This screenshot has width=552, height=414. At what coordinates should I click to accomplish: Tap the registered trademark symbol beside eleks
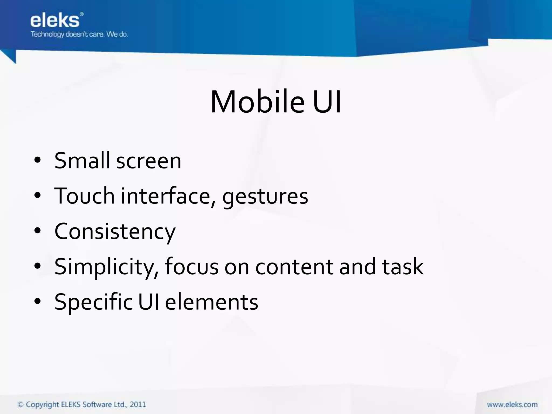tap(82, 14)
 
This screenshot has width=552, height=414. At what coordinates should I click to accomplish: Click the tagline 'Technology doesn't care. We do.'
tap(79, 34)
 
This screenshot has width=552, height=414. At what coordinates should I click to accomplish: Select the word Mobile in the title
tap(257, 102)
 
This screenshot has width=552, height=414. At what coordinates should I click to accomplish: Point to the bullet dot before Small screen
tap(37, 160)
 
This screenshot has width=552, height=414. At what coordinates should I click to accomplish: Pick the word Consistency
tap(115, 232)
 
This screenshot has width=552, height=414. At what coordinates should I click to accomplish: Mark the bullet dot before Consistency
tap(37, 231)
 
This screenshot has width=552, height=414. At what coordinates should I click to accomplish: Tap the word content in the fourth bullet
tap(294, 267)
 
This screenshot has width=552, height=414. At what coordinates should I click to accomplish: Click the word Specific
tap(93, 302)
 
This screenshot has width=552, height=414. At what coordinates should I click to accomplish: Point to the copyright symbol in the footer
tap(20, 405)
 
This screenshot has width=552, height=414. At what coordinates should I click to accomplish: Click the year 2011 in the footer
tap(138, 405)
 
